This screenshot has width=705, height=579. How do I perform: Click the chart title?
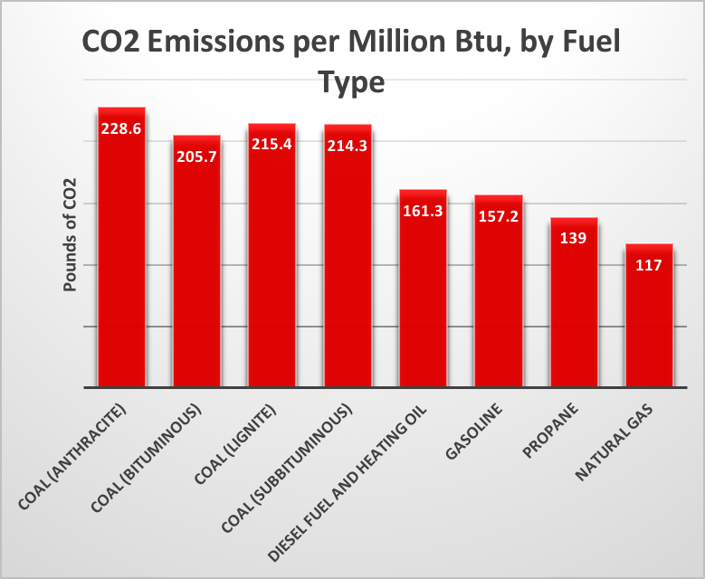(352, 62)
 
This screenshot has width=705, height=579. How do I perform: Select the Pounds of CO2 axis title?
(70, 234)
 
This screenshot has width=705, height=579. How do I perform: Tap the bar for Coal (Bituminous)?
(196, 271)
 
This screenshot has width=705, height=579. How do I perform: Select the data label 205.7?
(196, 156)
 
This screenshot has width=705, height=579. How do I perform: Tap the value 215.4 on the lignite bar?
(272, 145)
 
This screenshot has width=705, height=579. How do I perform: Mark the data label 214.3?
(348, 146)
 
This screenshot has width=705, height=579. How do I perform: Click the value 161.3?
(423, 212)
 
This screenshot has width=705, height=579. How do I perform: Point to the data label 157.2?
(499, 217)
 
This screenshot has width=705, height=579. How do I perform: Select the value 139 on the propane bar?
(574, 239)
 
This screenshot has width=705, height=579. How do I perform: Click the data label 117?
(649, 266)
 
